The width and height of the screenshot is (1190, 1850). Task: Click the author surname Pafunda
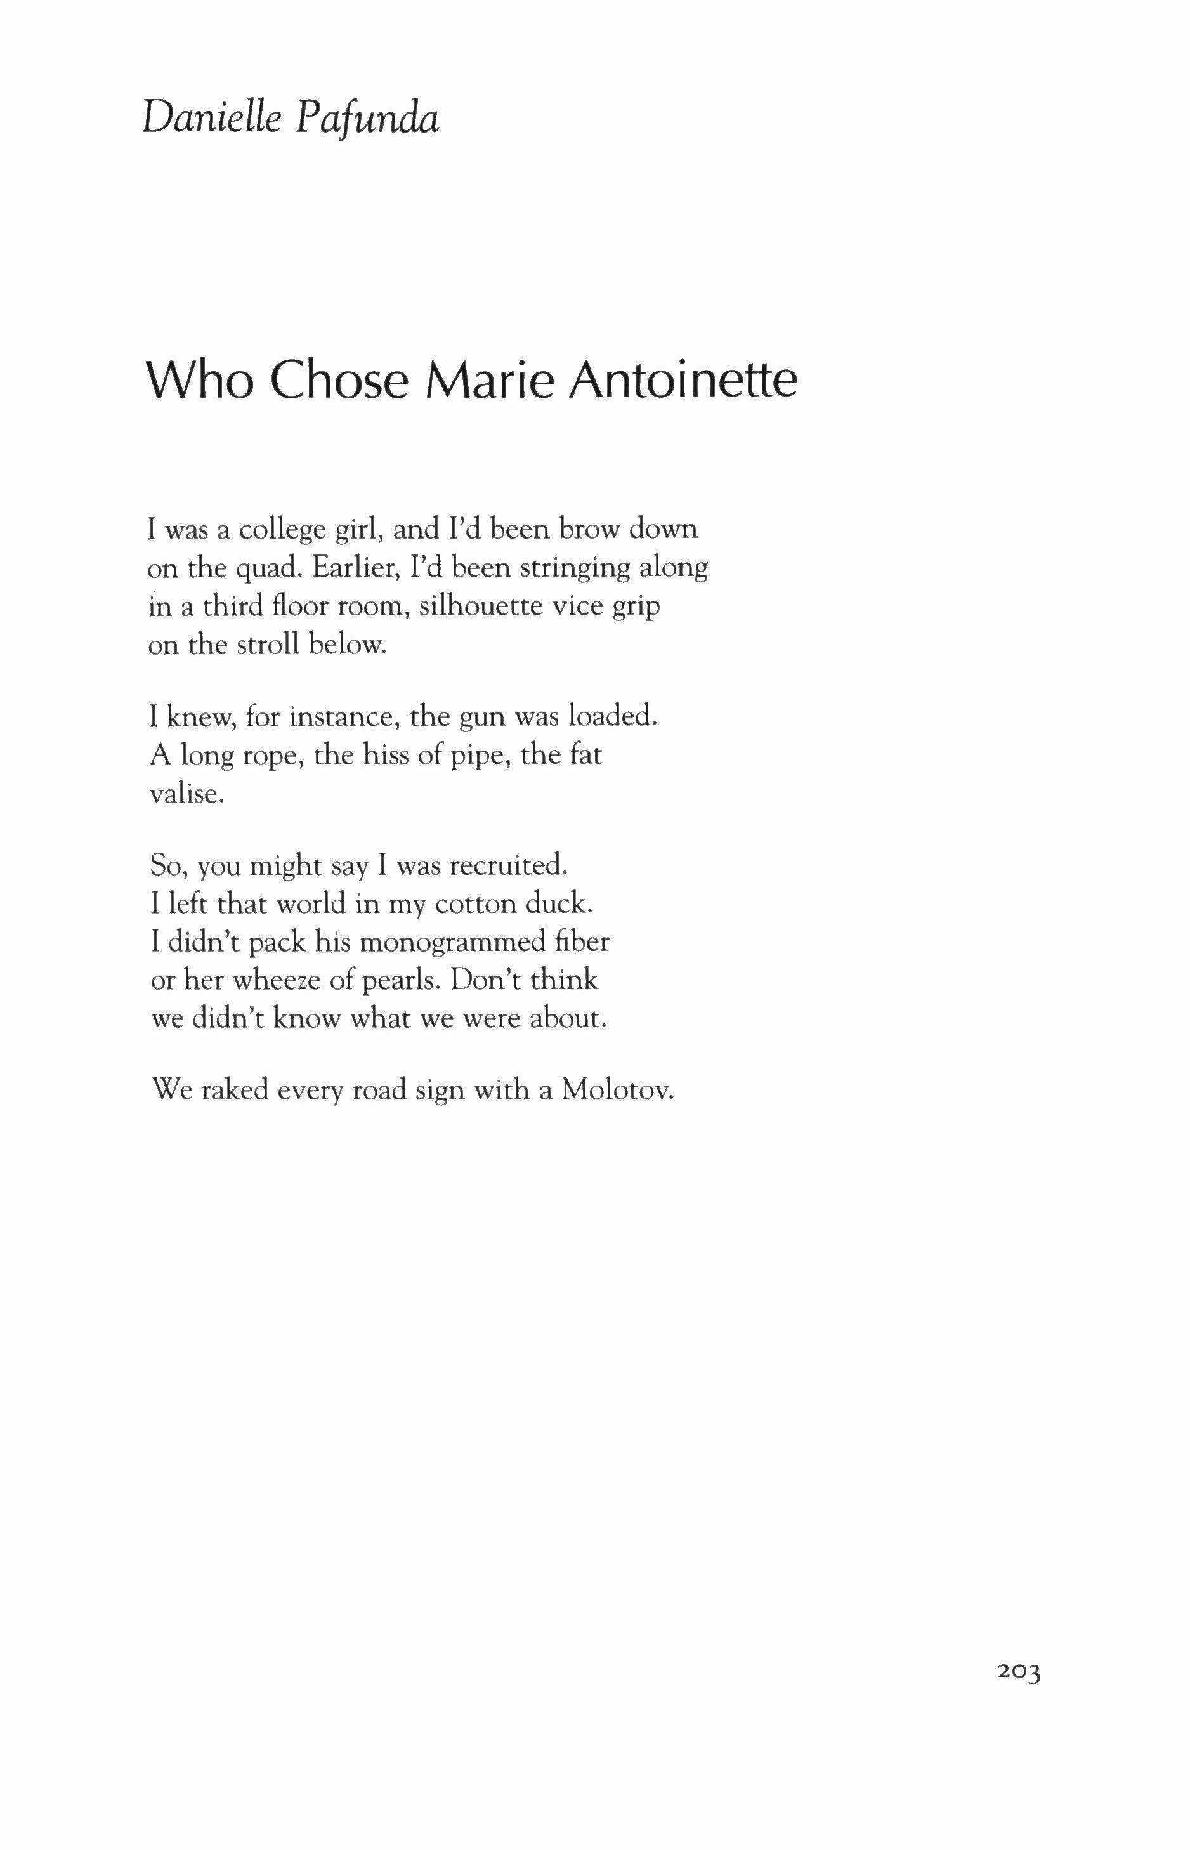pyautogui.click(x=368, y=120)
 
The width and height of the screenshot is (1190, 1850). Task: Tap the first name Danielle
pyautogui.click(x=210, y=120)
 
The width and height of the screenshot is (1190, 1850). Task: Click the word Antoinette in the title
pyautogui.click(x=683, y=380)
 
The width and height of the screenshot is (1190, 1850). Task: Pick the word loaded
pyautogui.click(x=613, y=716)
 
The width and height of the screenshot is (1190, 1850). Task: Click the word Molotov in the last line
pyautogui.click(x=618, y=1089)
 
